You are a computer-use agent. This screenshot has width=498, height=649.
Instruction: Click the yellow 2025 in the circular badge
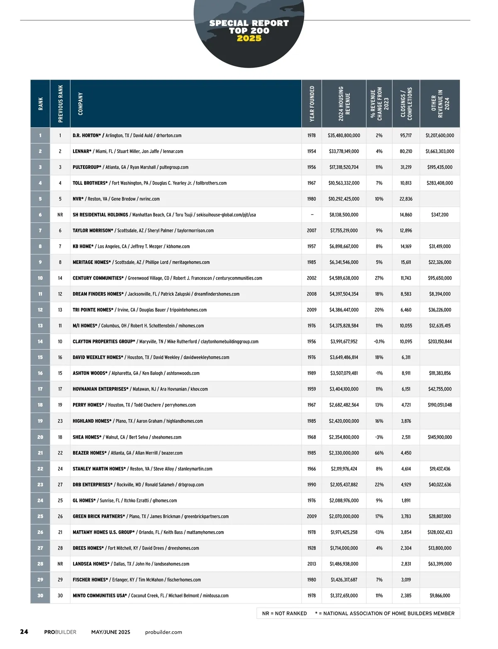(249, 39)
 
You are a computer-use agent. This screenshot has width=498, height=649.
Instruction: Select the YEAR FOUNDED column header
(312, 103)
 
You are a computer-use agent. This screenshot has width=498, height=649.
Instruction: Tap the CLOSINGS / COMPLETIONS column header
(406, 103)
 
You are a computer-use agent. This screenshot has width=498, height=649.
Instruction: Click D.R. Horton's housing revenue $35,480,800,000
(344, 136)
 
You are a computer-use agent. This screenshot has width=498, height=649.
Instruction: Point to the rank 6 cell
(40, 215)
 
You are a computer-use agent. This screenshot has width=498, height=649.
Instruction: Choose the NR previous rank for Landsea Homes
(60, 564)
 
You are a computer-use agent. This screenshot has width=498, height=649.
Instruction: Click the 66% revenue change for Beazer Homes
(379, 453)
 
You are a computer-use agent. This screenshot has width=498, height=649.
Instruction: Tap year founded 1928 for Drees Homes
(312, 548)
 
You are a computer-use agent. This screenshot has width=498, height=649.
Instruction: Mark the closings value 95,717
(406, 136)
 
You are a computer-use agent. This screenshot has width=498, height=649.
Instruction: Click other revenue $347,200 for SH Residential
(439, 215)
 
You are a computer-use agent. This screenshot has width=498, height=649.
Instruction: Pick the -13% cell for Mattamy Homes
(379, 532)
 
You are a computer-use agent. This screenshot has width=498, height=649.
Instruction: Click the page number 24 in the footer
(24, 632)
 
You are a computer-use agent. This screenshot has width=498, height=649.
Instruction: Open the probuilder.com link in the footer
(164, 632)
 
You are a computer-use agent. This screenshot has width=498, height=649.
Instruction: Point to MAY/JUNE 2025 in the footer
(111, 632)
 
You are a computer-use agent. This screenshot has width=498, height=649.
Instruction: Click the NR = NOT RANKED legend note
(285, 613)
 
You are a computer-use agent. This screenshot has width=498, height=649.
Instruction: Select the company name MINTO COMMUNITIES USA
(100, 596)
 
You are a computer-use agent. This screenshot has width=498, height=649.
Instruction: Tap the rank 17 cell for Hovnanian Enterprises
(40, 389)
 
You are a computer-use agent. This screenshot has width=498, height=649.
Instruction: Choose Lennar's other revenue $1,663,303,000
(439, 151)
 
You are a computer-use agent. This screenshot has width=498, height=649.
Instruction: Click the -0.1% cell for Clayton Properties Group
(379, 342)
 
